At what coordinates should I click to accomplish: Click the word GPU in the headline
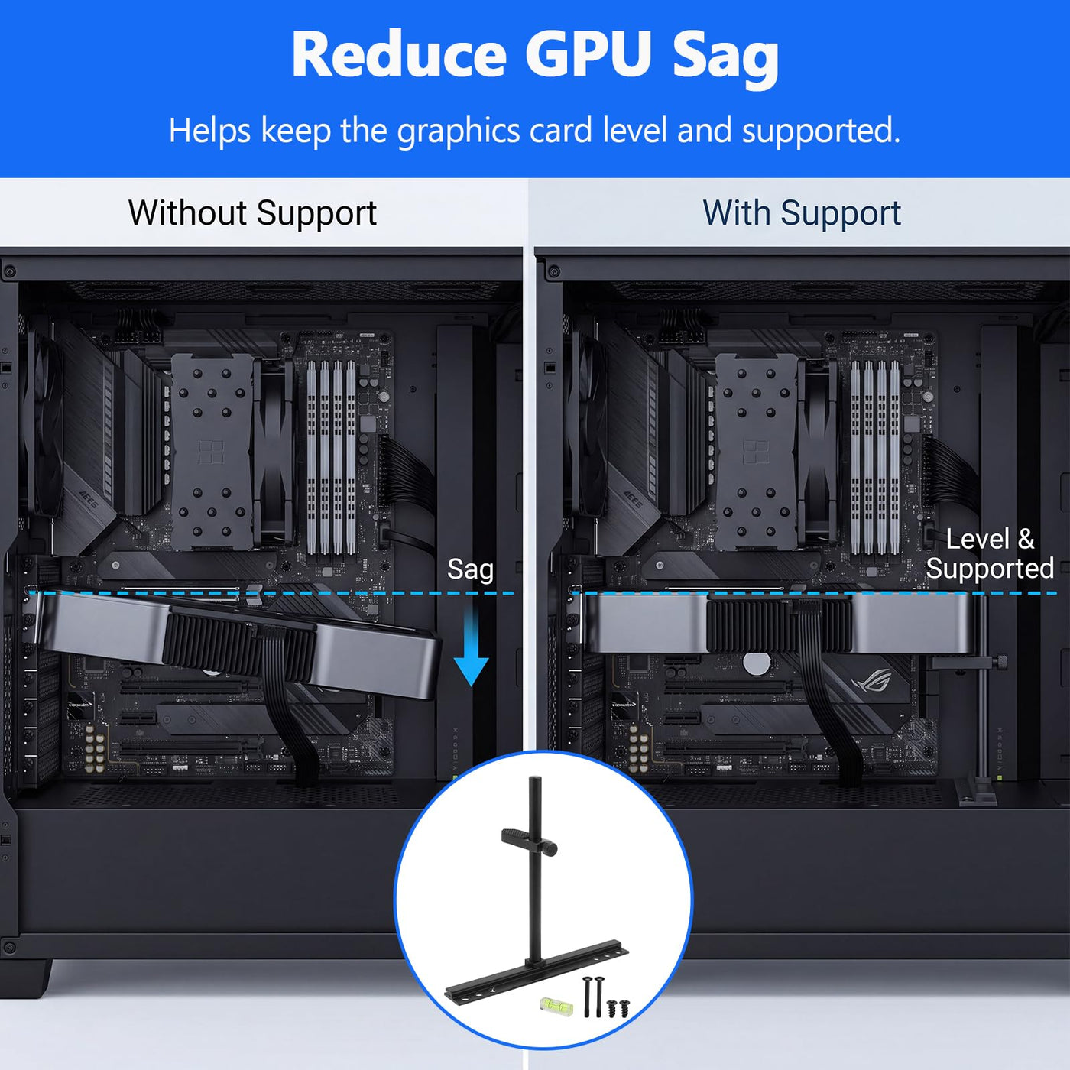(x=588, y=53)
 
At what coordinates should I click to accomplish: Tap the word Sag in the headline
(x=725, y=58)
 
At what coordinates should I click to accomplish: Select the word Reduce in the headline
(x=399, y=53)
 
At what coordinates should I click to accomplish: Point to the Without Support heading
(x=253, y=213)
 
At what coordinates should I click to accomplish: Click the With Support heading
(x=802, y=213)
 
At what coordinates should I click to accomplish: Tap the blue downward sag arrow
(x=471, y=644)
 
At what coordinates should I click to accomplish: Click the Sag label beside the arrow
(x=470, y=569)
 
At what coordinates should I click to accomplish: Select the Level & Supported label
(x=990, y=553)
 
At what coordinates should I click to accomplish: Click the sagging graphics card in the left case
(x=236, y=637)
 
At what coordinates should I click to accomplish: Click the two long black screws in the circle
(x=592, y=996)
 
